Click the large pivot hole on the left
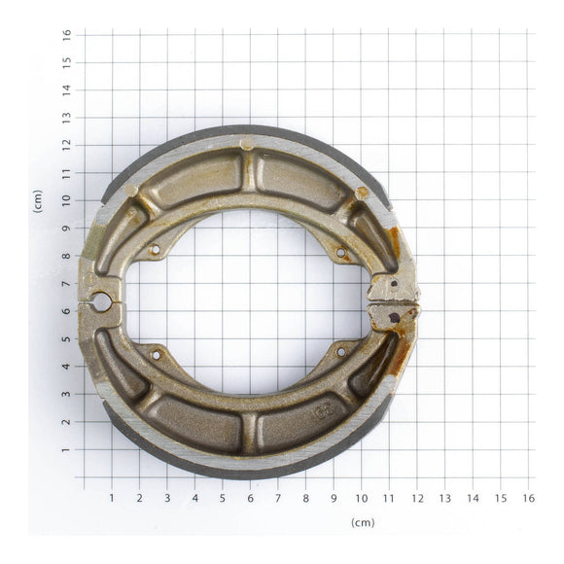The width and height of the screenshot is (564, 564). [101, 302]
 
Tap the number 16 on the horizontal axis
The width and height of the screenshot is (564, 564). [528, 498]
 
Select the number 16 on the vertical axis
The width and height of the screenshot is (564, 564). [67, 34]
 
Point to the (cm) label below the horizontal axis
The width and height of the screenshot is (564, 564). [362, 522]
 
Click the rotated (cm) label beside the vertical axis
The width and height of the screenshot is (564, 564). [38, 201]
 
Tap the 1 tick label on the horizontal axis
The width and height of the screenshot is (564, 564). [111, 498]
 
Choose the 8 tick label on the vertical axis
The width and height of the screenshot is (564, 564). [67, 256]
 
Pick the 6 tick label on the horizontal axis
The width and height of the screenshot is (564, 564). [250, 498]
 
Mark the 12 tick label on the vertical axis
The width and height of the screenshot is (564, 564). [67, 145]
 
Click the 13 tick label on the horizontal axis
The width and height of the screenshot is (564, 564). [444, 498]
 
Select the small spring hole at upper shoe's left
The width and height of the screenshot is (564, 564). [155, 250]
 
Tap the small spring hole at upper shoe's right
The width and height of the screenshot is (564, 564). [340, 254]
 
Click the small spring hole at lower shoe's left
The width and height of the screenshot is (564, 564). [155, 355]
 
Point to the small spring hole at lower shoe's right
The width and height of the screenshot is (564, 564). [340, 352]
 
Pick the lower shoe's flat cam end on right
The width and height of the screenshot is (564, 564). [394, 316]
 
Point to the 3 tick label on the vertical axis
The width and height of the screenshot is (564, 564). [67, 395]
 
